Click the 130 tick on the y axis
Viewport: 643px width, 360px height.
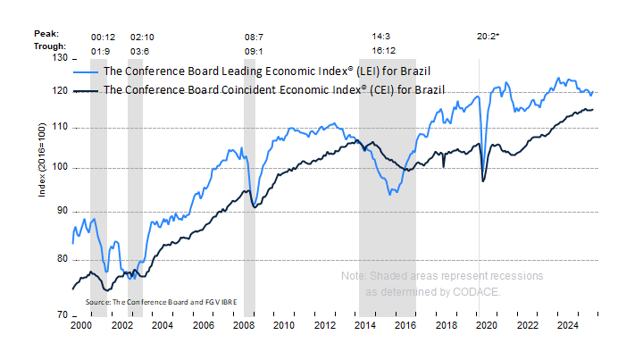[x=62, y=58]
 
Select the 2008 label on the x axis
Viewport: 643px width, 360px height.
[x=243, y=326]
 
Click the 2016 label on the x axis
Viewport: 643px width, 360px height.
[x=405, y=326]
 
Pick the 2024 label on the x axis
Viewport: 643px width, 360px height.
[x=567, y=326]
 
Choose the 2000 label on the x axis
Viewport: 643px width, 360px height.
[x=81, y=326]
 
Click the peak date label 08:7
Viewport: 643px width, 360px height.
[x=254, y=37]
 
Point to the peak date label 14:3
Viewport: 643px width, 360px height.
[x=381, y=37]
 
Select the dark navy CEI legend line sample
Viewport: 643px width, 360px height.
[x=87, y=90]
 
